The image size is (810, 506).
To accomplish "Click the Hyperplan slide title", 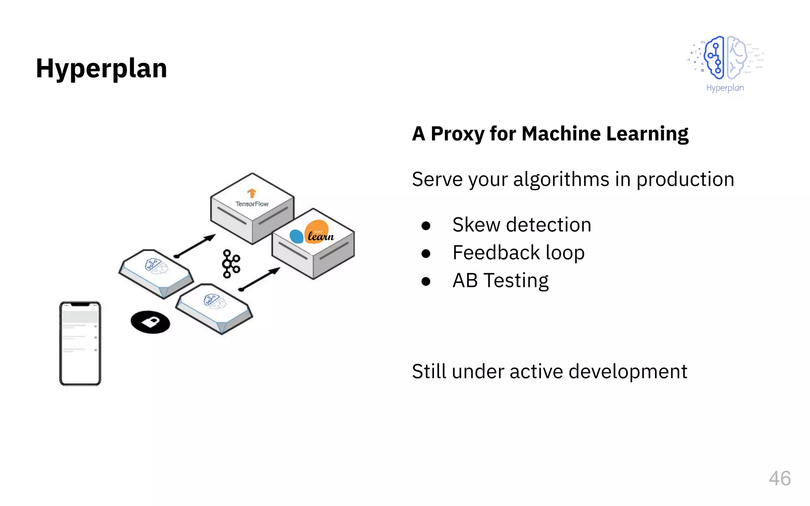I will click(101, 68).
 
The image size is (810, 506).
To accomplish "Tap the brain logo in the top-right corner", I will click(725, 58).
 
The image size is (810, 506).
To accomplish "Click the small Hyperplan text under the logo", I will click(725, 88).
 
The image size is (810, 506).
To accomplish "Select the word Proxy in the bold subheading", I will click(457, 134).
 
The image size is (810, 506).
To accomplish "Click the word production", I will click(685, 179).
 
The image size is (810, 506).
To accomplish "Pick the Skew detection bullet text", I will click(521, 225).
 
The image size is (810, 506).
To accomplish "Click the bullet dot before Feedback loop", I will click(426, 253).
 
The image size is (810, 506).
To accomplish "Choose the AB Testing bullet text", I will click(500, 280).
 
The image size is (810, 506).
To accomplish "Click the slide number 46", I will click(780, 478).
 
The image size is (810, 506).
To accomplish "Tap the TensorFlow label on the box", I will click(252, 204).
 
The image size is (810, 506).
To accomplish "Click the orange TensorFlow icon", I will click(252, 193).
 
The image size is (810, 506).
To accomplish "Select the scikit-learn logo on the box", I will click(312, 233).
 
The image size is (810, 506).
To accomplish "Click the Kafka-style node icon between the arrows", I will click(231, 264).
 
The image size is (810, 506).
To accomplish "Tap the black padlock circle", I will click(150, 322).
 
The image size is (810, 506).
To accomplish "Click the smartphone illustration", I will click(80, 343).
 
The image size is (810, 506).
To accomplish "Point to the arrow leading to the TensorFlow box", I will click(195, 245).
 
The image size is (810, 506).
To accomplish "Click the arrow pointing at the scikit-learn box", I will click(259, 279).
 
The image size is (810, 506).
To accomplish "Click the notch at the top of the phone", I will click(80, 304).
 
